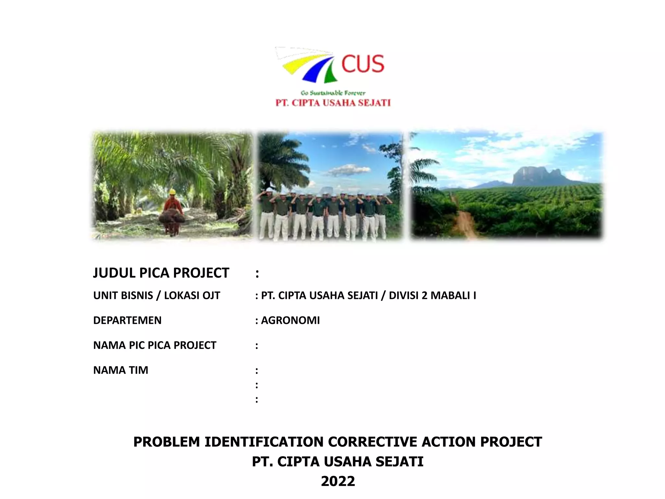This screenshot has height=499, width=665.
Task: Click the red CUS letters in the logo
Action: (x=363, y=64)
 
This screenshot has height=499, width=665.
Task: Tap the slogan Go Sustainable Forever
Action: (x=333, y=93)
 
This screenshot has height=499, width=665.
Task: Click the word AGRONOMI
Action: (x=290, y=320)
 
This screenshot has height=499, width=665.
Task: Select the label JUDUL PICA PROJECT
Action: (x=161, y=273)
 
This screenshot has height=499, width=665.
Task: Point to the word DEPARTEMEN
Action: (x=127, y=320)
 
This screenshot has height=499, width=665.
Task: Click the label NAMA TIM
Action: (x=120, y=370)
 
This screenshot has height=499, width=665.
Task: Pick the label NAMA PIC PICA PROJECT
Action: (x=155, y=345)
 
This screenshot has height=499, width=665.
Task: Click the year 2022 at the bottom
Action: (x=338, y=481)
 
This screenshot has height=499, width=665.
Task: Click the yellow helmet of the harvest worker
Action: (x=172, y=192)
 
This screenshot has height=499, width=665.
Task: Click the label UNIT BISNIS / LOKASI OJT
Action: (x=157, y=296)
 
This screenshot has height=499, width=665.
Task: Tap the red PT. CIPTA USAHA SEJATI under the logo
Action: (x=333, y=103)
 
